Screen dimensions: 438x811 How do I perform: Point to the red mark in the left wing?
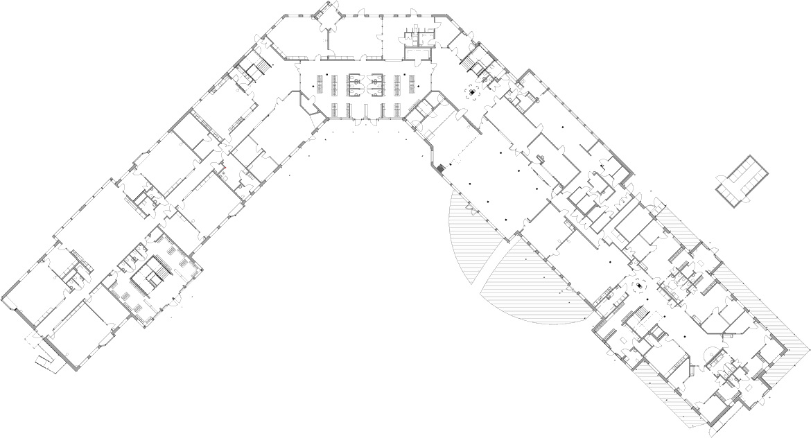tap(223, 168)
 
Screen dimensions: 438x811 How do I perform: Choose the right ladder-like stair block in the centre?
tap(376, 87)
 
